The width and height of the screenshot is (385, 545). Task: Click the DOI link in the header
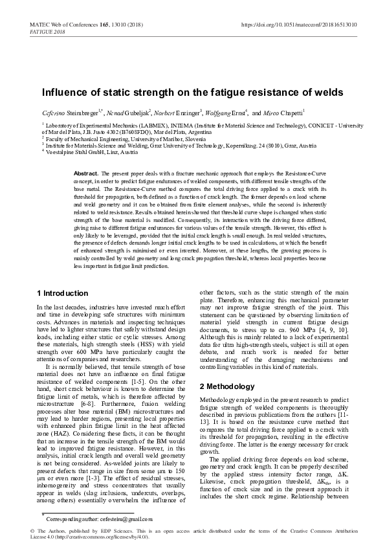tap(299, 24)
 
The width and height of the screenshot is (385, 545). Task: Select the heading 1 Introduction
tap(63, 293)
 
